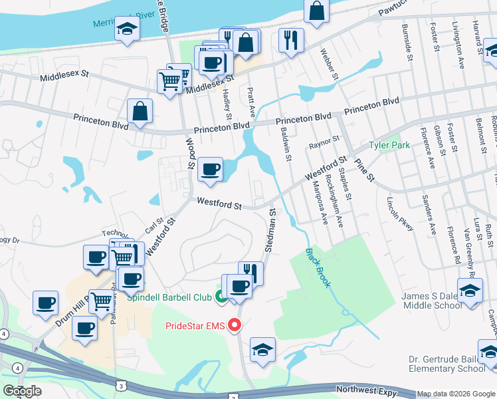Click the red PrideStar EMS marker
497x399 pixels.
click(x=234, y=326)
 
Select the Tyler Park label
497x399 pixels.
click(x=389, y=145)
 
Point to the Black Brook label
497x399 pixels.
click(x=318, y=268)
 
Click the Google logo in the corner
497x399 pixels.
click(x=22, y=391)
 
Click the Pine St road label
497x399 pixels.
click(x=364, y=170)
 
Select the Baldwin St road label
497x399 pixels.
click(x=286, y=146)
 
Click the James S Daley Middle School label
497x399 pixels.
click(x=431, y=300)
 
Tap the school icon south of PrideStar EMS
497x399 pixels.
click(x=262, y=349)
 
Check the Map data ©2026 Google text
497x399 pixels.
click(x=456, y=394)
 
